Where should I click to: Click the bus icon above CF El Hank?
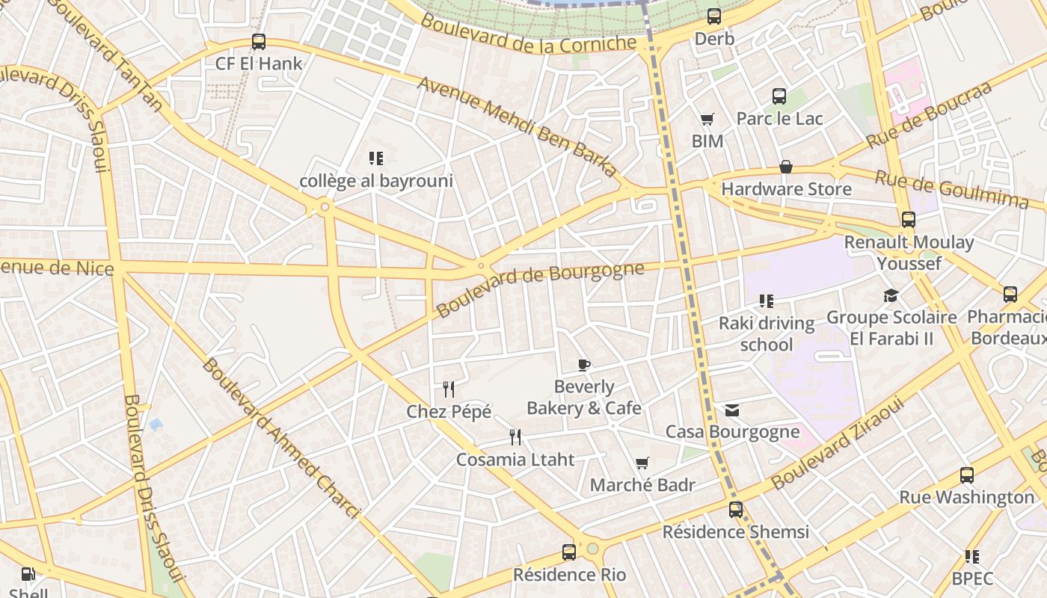(x=259, y=42)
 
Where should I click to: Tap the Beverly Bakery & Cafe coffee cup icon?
(x=584, y=365)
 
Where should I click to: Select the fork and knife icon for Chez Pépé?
(x=449, y=389)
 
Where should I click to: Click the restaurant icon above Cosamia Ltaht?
(x=515, y=437)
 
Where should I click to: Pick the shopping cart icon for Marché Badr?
(x=642, y=463)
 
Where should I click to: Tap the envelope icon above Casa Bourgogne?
(x=732, y=410)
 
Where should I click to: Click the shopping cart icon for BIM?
(x=707, y=119)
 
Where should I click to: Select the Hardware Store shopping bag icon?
(x=786, y=167)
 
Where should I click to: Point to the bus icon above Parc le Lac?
(x=779, y=96)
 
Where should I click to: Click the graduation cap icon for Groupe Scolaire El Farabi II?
(x=891, y=295)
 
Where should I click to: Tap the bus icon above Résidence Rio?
(x=569, y=552)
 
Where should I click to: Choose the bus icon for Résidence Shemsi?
(x=736, y=510)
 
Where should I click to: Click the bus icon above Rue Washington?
(x=967, y=475)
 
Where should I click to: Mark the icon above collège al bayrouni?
(x=376, y=158)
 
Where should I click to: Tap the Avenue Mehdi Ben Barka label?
(x=518, y=126)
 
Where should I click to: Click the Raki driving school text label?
(x=767, y=334)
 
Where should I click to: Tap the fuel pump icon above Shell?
(x=28, y=575)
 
